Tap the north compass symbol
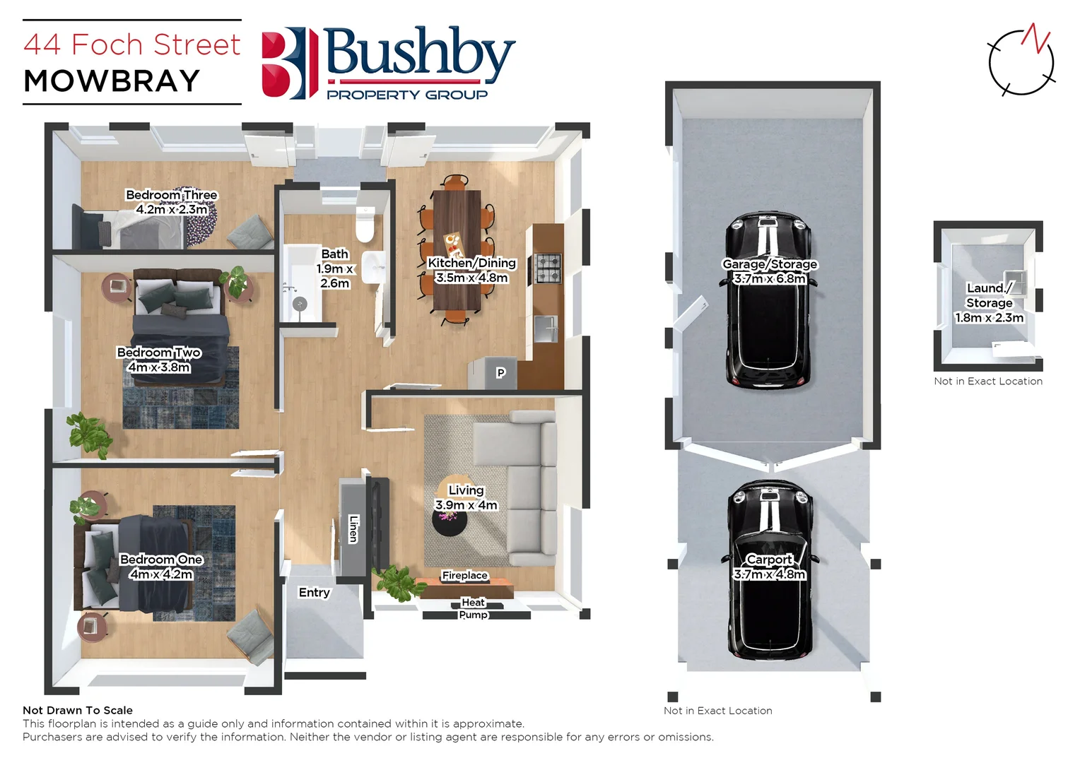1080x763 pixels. click(x=1021, y=61)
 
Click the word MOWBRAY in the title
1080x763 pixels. click(x=112, y=81)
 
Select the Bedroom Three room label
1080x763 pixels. click(x=172, y=195)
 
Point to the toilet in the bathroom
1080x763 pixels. click(x=365, y=224)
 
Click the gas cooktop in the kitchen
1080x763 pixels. click(x=548, y=268)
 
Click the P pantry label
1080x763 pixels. click(x=500, y=373)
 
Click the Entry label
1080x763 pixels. click(x=315, y=593)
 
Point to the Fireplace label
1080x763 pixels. click(x=464, y=576)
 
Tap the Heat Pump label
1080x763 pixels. click(x=474, y=608)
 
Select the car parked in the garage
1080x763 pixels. click(x=769, y=300)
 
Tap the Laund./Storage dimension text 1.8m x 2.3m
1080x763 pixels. click(x=989, y=318)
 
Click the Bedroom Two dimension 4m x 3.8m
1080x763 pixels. click(x=159, y=367)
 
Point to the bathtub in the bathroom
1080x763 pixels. click(x=302, y=283)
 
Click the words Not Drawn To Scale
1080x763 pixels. click(x=78, y=710)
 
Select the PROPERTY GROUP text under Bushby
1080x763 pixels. click(x=407, y=95)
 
